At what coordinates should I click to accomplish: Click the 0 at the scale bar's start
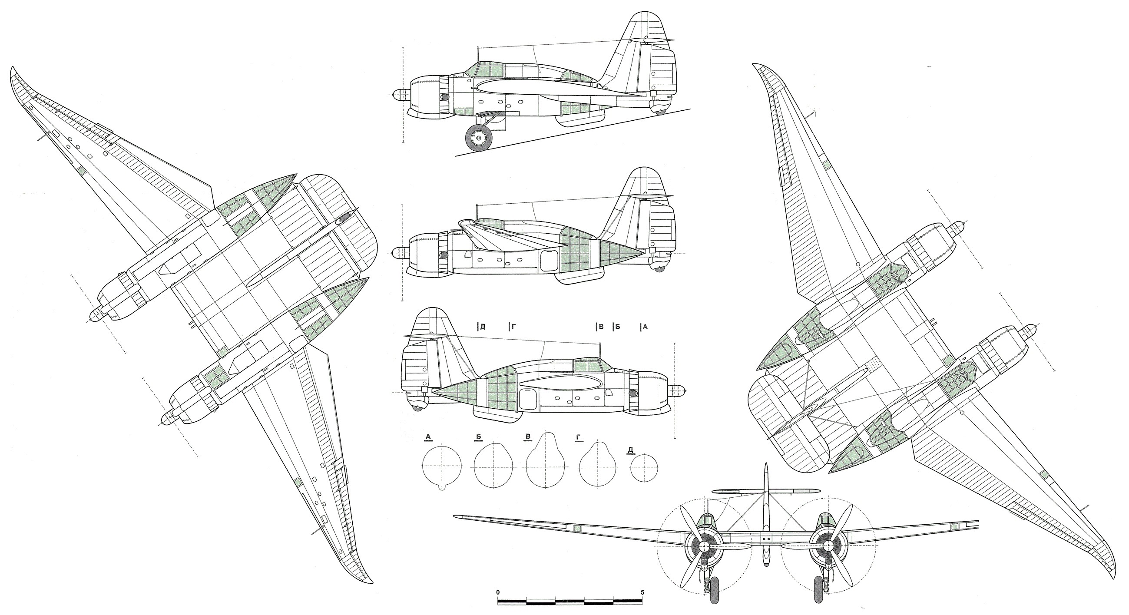coord(498,592)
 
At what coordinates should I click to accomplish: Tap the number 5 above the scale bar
coord(642,592)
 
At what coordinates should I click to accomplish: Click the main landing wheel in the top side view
coord(478,139)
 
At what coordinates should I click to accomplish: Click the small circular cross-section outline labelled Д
coord(644,469)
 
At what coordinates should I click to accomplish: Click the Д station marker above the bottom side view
coord(482,327)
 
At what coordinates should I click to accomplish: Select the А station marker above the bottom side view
coord(644,327)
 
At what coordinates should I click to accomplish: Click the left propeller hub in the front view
coord(704,546)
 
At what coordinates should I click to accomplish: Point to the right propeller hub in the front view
coord(828,546)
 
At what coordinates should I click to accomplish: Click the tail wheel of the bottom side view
coord(417,408)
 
